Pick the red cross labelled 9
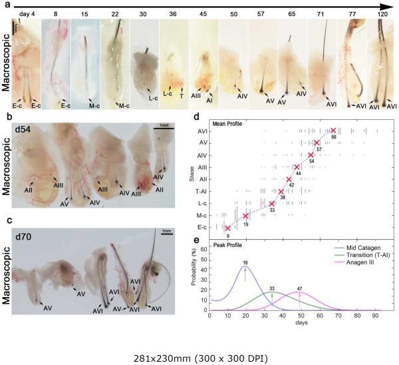pyautogui.click(x=227, y=228)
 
